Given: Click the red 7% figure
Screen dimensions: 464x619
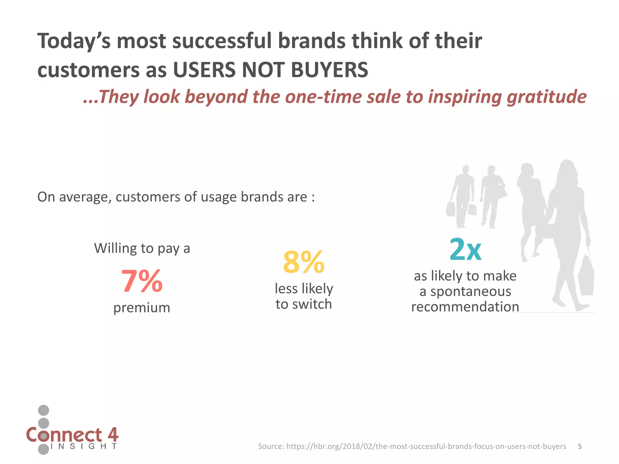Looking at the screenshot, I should tap(142, 281).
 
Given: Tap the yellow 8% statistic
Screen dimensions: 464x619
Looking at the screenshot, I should tap(303, 262).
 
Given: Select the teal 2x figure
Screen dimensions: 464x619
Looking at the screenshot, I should tap(465, 250).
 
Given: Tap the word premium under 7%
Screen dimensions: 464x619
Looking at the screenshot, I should tap(142, 308).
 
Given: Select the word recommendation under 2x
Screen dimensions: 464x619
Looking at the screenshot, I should tap(465, 307).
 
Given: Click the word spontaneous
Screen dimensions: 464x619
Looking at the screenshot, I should tap(471, 291).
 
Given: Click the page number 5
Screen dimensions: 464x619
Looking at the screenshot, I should tap(580, 446).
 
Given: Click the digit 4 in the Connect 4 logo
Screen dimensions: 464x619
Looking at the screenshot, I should tap(112, 435).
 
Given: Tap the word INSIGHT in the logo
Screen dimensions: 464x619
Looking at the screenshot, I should tap(84, 446).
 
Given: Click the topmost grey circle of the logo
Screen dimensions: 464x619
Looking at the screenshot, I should tap(44, 410).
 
